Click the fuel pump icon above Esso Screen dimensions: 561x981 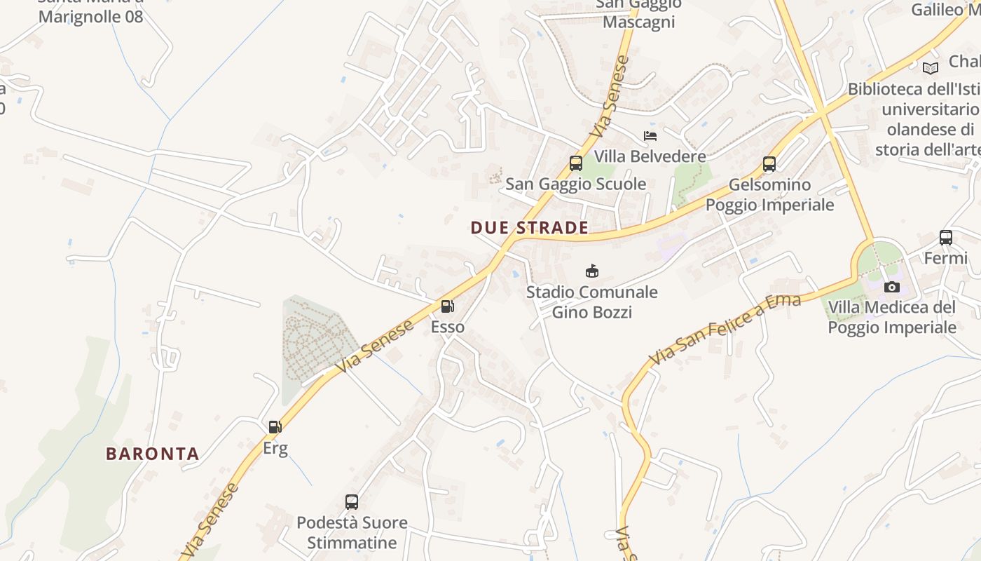[x=446, y=306]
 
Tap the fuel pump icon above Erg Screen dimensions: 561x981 [x=275, y=426]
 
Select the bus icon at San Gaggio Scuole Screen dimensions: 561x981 [x=576, y=163]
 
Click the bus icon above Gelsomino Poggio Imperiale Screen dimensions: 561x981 [x=769, y=164]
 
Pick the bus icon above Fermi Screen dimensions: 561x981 [x=946, y=238]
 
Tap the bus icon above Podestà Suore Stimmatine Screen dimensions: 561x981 [x=352, y=502]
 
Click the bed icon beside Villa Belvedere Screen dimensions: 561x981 [x=650, y=135]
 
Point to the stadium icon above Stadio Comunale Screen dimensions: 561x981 [x=592, y=271]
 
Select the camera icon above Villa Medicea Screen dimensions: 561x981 [x=892, y=287]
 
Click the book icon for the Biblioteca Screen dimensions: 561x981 [x=930, y=68]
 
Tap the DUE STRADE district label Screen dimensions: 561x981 [x=529, y=228]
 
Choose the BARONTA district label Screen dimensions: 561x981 [x=153, y=454]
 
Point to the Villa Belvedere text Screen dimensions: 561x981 [x=650, y=156]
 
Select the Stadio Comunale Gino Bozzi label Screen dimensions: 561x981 [x=592, y=302]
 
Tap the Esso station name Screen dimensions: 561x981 [x=447, y=327]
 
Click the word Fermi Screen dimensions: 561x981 [x=945, y=258]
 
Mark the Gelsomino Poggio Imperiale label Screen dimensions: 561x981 [x=769, y=195]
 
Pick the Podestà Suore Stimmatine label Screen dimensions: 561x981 [x=352, y=533]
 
